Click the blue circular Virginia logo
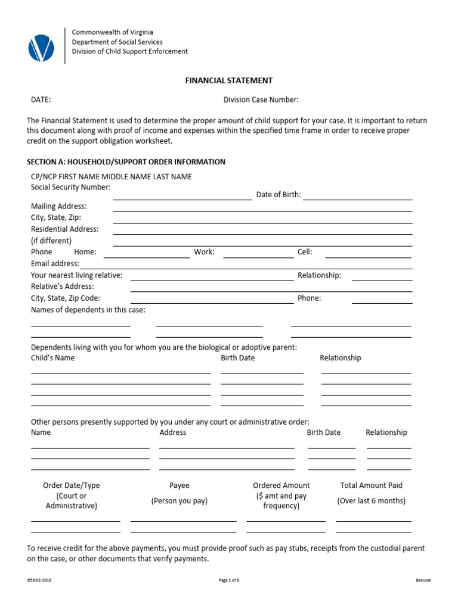coord(41,47)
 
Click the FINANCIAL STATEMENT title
coord(229,80)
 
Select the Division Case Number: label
coord(261,99)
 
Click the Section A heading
coord(126,161)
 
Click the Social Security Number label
coord(70,187)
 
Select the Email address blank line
coord(246,267)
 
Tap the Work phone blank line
coord(258,257)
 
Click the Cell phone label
coord(305,252)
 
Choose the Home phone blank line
coord(147,257)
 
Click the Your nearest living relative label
coord(76,275)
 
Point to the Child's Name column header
coord(53,358)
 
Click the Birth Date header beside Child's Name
coord(237,358)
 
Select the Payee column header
coord(180,485)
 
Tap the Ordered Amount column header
coord(281,485)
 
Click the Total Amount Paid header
coord(372,485)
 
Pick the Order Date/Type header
coord(72,485)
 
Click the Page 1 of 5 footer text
coord(229,580)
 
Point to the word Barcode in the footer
coord(423,580)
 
